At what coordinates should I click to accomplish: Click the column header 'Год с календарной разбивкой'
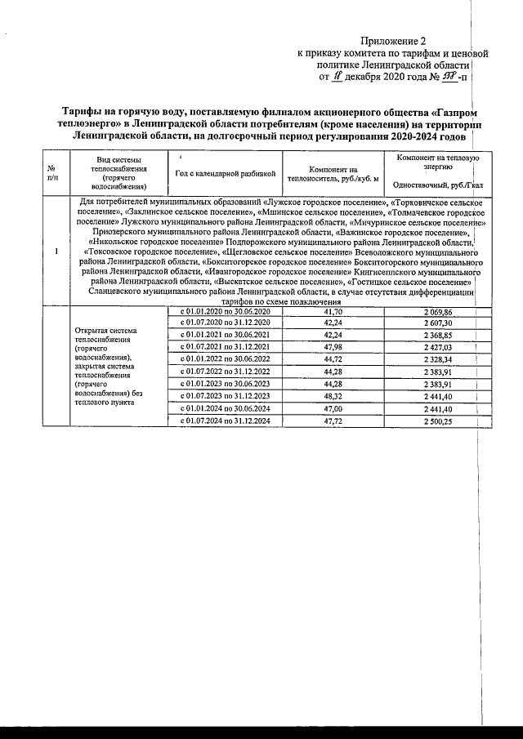point(226,174)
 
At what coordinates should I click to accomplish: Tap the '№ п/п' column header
point(54,172)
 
